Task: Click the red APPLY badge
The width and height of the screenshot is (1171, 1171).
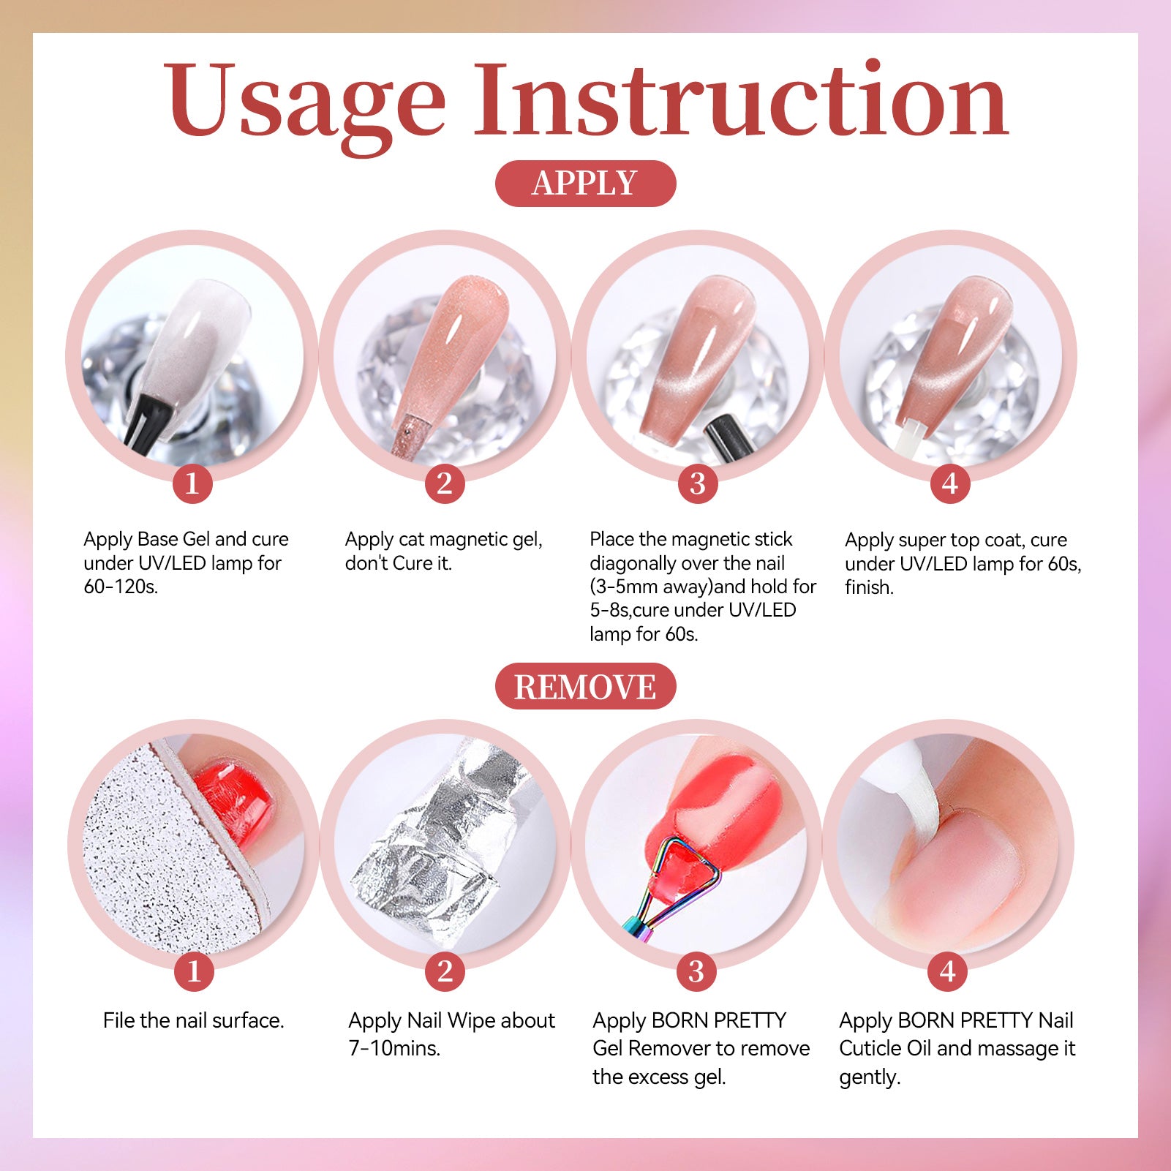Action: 585,184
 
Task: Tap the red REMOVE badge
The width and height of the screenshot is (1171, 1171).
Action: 585,686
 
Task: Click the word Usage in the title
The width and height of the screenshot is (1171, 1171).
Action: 304,102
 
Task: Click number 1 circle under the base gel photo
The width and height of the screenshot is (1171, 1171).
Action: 192,483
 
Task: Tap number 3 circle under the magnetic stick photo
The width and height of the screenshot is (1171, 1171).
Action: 697,483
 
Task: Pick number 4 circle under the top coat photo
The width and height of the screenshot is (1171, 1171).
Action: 949,483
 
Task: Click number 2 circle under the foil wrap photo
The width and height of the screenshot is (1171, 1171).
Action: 445,971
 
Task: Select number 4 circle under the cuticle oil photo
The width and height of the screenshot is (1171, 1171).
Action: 948,971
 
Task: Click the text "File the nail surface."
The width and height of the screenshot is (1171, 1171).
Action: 194,1020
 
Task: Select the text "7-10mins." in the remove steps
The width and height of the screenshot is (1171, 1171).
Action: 394,1048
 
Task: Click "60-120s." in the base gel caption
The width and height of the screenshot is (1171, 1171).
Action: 121,587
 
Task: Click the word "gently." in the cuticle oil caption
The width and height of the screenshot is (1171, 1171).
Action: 870,1077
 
